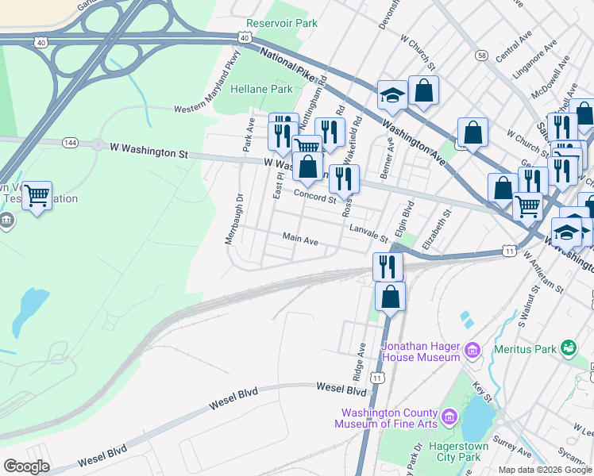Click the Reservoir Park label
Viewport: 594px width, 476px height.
tap(282, 24)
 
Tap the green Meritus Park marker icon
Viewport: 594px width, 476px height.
tap(568, 347)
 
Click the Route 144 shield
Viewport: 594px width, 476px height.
tap(71, 142)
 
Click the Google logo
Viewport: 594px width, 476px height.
tap(27, 466)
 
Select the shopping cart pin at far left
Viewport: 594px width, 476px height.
tap(37, 194)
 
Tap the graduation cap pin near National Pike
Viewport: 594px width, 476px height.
tap(392, 95)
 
